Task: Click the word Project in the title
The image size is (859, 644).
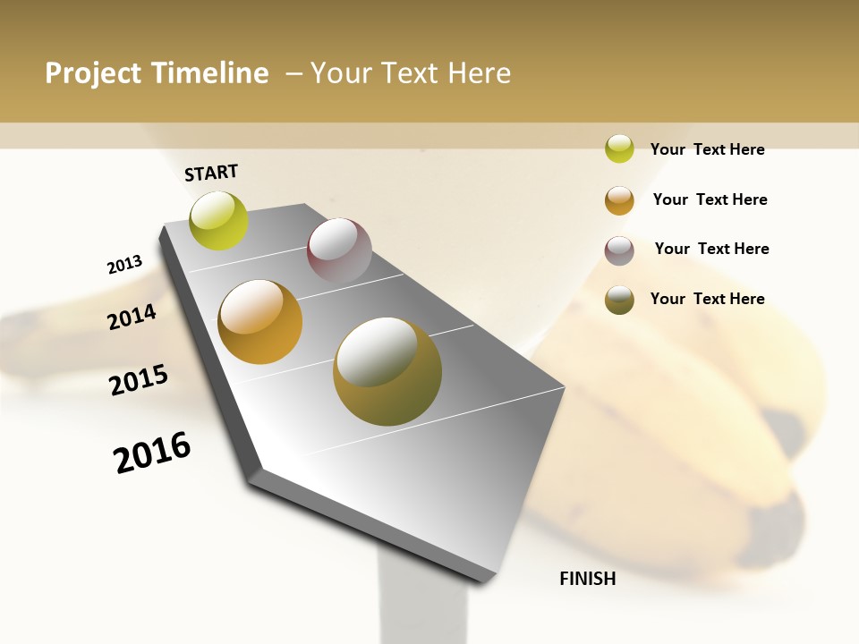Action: (x=94, y=73)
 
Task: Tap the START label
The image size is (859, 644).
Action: (x=211, y=173)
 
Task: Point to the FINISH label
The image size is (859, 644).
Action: (x=588, y=579)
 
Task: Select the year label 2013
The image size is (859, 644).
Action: (x=125, y=265)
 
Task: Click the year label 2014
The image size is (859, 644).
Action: (x=132, y=317)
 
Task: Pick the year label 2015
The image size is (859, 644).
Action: (x=139, y=380)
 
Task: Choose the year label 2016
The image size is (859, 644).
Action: (x=152, y=453)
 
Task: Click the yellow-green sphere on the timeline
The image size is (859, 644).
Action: (x=218, y=221)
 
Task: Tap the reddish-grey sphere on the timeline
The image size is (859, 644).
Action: (x=339, y=250)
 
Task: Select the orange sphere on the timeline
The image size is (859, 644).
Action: (x=260, y=322)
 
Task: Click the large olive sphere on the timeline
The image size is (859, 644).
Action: (x=387, y=371)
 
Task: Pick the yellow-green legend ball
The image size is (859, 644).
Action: (x=619, y=149)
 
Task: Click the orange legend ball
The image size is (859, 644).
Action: (x=619, y=200)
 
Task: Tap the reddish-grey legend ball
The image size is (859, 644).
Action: (x=619, y=250)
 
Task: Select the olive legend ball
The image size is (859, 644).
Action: (x=619, y=300)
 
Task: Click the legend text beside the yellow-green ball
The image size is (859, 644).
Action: (x=707, y=149)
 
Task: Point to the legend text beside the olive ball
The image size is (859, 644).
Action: (x=707, y=299)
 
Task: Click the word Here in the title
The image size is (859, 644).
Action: (x=479, y=73)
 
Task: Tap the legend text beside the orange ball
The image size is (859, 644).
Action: (x=710, y=199)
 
